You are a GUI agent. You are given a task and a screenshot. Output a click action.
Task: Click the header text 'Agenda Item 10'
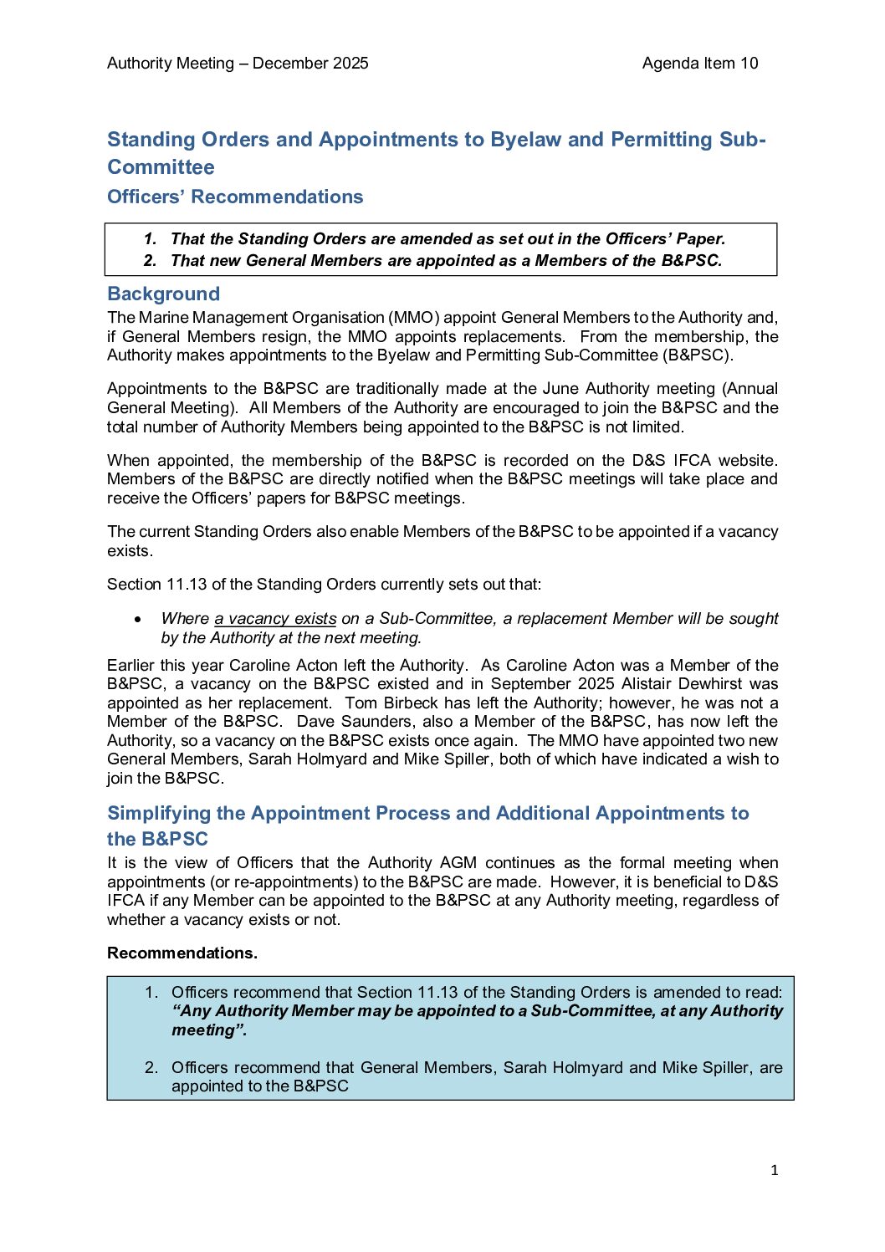699,64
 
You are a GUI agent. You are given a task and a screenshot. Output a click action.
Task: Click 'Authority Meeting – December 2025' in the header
238,64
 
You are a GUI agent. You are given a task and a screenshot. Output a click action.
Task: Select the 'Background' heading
163,294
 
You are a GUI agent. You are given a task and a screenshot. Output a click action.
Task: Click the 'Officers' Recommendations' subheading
235,197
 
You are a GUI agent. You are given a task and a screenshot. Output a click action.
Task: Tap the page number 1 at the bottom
774,1171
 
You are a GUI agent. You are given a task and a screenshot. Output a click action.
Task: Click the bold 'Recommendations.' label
182,953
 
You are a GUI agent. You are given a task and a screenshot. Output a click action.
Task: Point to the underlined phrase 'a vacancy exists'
275,619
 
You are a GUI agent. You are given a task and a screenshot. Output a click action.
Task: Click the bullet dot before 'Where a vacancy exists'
138,620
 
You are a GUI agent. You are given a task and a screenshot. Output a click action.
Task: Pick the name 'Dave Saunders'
345,722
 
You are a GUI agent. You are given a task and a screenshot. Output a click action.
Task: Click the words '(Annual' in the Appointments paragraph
751,389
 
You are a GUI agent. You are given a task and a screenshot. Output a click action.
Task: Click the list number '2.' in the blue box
151,1068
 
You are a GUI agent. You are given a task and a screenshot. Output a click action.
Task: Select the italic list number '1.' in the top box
151,239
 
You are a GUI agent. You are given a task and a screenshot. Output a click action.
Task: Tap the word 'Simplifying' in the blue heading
159,814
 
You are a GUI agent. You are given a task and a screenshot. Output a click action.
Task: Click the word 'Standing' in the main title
151,140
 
